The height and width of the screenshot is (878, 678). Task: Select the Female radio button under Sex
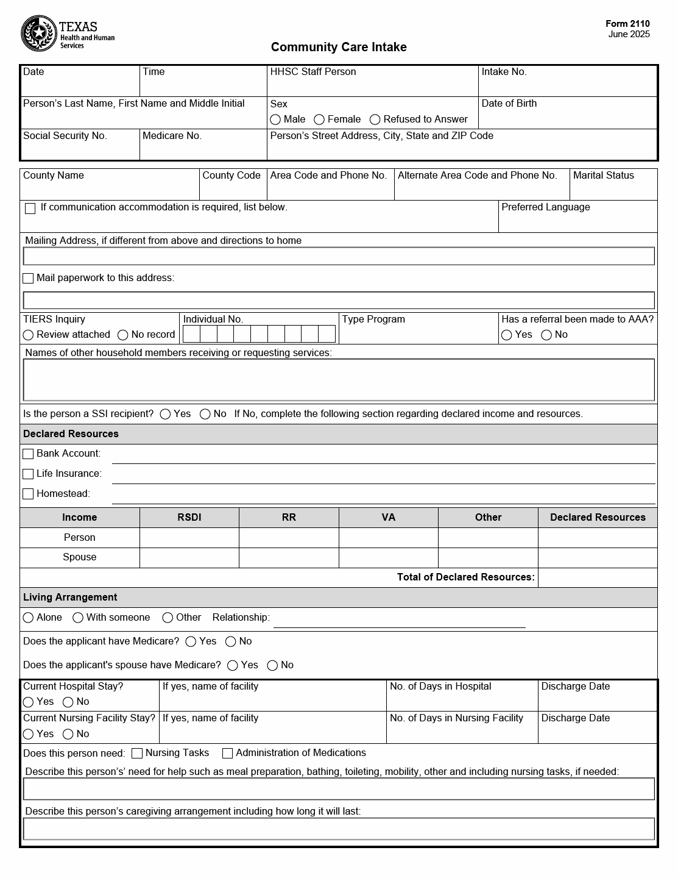coord(319,120)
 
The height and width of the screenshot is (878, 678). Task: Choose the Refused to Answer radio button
coord(375,120)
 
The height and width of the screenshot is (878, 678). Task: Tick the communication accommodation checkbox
coord(30,209)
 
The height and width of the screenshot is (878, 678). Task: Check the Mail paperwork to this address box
coord(28,279)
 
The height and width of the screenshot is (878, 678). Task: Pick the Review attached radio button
coord(28,335)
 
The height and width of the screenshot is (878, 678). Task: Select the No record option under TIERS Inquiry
coord(122,335)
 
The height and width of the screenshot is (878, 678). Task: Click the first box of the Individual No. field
coord(191,334)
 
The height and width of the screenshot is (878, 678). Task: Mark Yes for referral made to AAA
coord(507,335)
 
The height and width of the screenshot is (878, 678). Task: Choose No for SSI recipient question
coord(205,414)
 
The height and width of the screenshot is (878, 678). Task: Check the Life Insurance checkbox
coord(28,474)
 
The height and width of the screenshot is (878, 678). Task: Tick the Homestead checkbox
coord(28,494)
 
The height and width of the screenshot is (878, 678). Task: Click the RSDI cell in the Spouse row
coord(189,557)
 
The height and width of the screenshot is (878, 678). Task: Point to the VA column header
coord(388,518)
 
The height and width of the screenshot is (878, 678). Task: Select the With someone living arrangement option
coord(78,618)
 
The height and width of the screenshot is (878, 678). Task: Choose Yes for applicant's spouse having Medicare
coord(233,665)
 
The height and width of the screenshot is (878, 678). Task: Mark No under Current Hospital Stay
coord(68,702)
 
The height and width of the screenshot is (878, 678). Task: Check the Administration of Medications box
coord(227,754)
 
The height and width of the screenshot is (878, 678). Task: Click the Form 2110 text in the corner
coord(627,24)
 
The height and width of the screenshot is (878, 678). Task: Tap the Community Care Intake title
coord(339,47)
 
